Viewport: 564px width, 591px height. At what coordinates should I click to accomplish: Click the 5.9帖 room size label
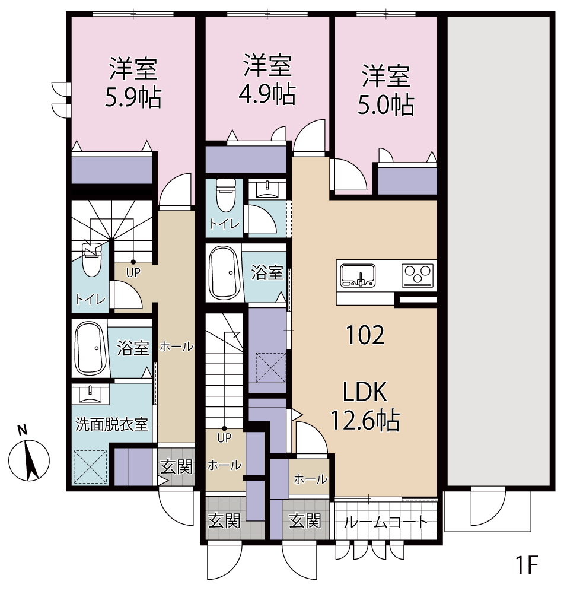(133, 98)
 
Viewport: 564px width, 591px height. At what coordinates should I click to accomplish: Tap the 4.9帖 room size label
(267, 94)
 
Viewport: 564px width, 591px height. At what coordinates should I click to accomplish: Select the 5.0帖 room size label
(386, 105)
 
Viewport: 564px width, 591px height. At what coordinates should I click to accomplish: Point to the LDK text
(365, 392)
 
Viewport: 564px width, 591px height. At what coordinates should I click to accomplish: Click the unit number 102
(365, 335)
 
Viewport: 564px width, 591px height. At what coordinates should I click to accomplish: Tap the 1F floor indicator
(526, 564)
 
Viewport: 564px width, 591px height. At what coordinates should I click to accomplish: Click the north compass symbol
(29, 456)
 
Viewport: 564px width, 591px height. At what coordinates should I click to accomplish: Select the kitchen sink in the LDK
(358, 275)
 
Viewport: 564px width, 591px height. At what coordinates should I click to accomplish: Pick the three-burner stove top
(418, 275)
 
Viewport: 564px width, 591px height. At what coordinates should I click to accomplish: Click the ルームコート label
(386, 522)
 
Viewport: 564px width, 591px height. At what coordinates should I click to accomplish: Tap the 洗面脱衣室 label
(111, 424)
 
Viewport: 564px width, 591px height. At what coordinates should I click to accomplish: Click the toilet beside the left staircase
(91, 260)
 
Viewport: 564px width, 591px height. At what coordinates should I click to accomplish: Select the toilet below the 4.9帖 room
(226, 195)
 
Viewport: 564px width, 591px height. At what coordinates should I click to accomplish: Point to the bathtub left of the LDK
(224, 273)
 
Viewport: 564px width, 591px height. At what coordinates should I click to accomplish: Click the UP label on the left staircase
(133, 272)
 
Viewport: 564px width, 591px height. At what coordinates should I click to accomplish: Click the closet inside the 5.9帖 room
(111, 170)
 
